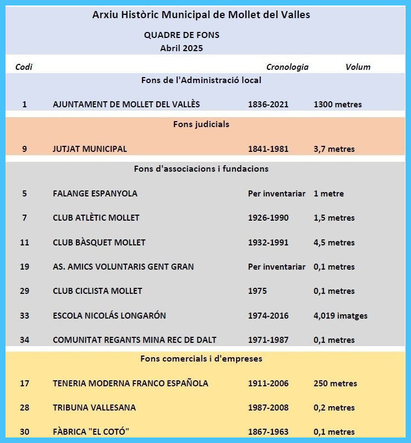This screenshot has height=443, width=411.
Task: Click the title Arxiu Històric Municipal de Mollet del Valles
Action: pos(201,15)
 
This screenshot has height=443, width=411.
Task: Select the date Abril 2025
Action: pos(182,48)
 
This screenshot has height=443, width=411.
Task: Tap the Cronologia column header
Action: pos(287,67)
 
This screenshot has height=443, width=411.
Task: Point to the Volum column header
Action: pos(358,67)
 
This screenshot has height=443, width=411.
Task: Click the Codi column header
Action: pos(24,67)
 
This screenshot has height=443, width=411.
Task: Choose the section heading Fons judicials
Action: pos(201,124)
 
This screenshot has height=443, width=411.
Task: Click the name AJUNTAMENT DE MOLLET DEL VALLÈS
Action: pos(126,105)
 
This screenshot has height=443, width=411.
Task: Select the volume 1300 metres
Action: pos(337,105)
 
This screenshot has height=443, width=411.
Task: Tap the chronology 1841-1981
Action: pos(268,149)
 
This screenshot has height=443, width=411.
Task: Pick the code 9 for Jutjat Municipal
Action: pos(24,149)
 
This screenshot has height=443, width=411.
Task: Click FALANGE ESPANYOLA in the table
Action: pos(95,194)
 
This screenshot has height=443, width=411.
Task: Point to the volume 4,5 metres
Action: pos(334,243)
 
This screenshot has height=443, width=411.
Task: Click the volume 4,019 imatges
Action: pos(340,316)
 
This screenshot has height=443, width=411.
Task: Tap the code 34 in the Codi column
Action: pos(24,340)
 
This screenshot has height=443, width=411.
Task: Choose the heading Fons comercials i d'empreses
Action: pos(201,359)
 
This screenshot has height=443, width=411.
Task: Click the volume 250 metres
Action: pos(335,384)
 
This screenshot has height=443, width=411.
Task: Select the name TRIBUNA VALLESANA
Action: pos(94,408)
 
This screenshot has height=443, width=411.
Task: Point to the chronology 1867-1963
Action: pos(268,432)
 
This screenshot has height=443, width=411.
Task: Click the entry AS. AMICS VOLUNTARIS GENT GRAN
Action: pos(123,267)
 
